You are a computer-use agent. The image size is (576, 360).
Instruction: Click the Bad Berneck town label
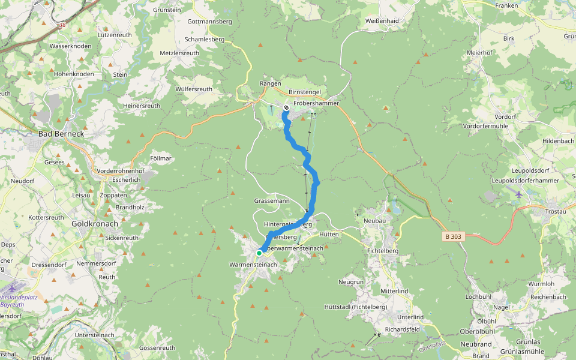point(62,134)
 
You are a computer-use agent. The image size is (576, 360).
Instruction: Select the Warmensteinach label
point(253,265)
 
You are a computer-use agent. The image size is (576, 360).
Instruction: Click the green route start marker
point(259,253)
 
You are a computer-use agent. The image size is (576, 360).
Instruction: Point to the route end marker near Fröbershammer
point(286,108)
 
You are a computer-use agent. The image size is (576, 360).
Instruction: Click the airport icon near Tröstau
point(519,194)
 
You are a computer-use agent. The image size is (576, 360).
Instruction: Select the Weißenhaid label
point(382,21)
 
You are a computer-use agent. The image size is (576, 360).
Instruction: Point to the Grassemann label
point(272,200)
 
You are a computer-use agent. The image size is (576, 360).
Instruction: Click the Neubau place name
point(374,221)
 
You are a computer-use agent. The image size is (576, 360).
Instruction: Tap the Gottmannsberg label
point(209,22)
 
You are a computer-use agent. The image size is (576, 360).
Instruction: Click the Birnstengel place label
point(304,92)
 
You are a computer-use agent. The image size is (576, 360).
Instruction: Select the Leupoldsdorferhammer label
point(525,181)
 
